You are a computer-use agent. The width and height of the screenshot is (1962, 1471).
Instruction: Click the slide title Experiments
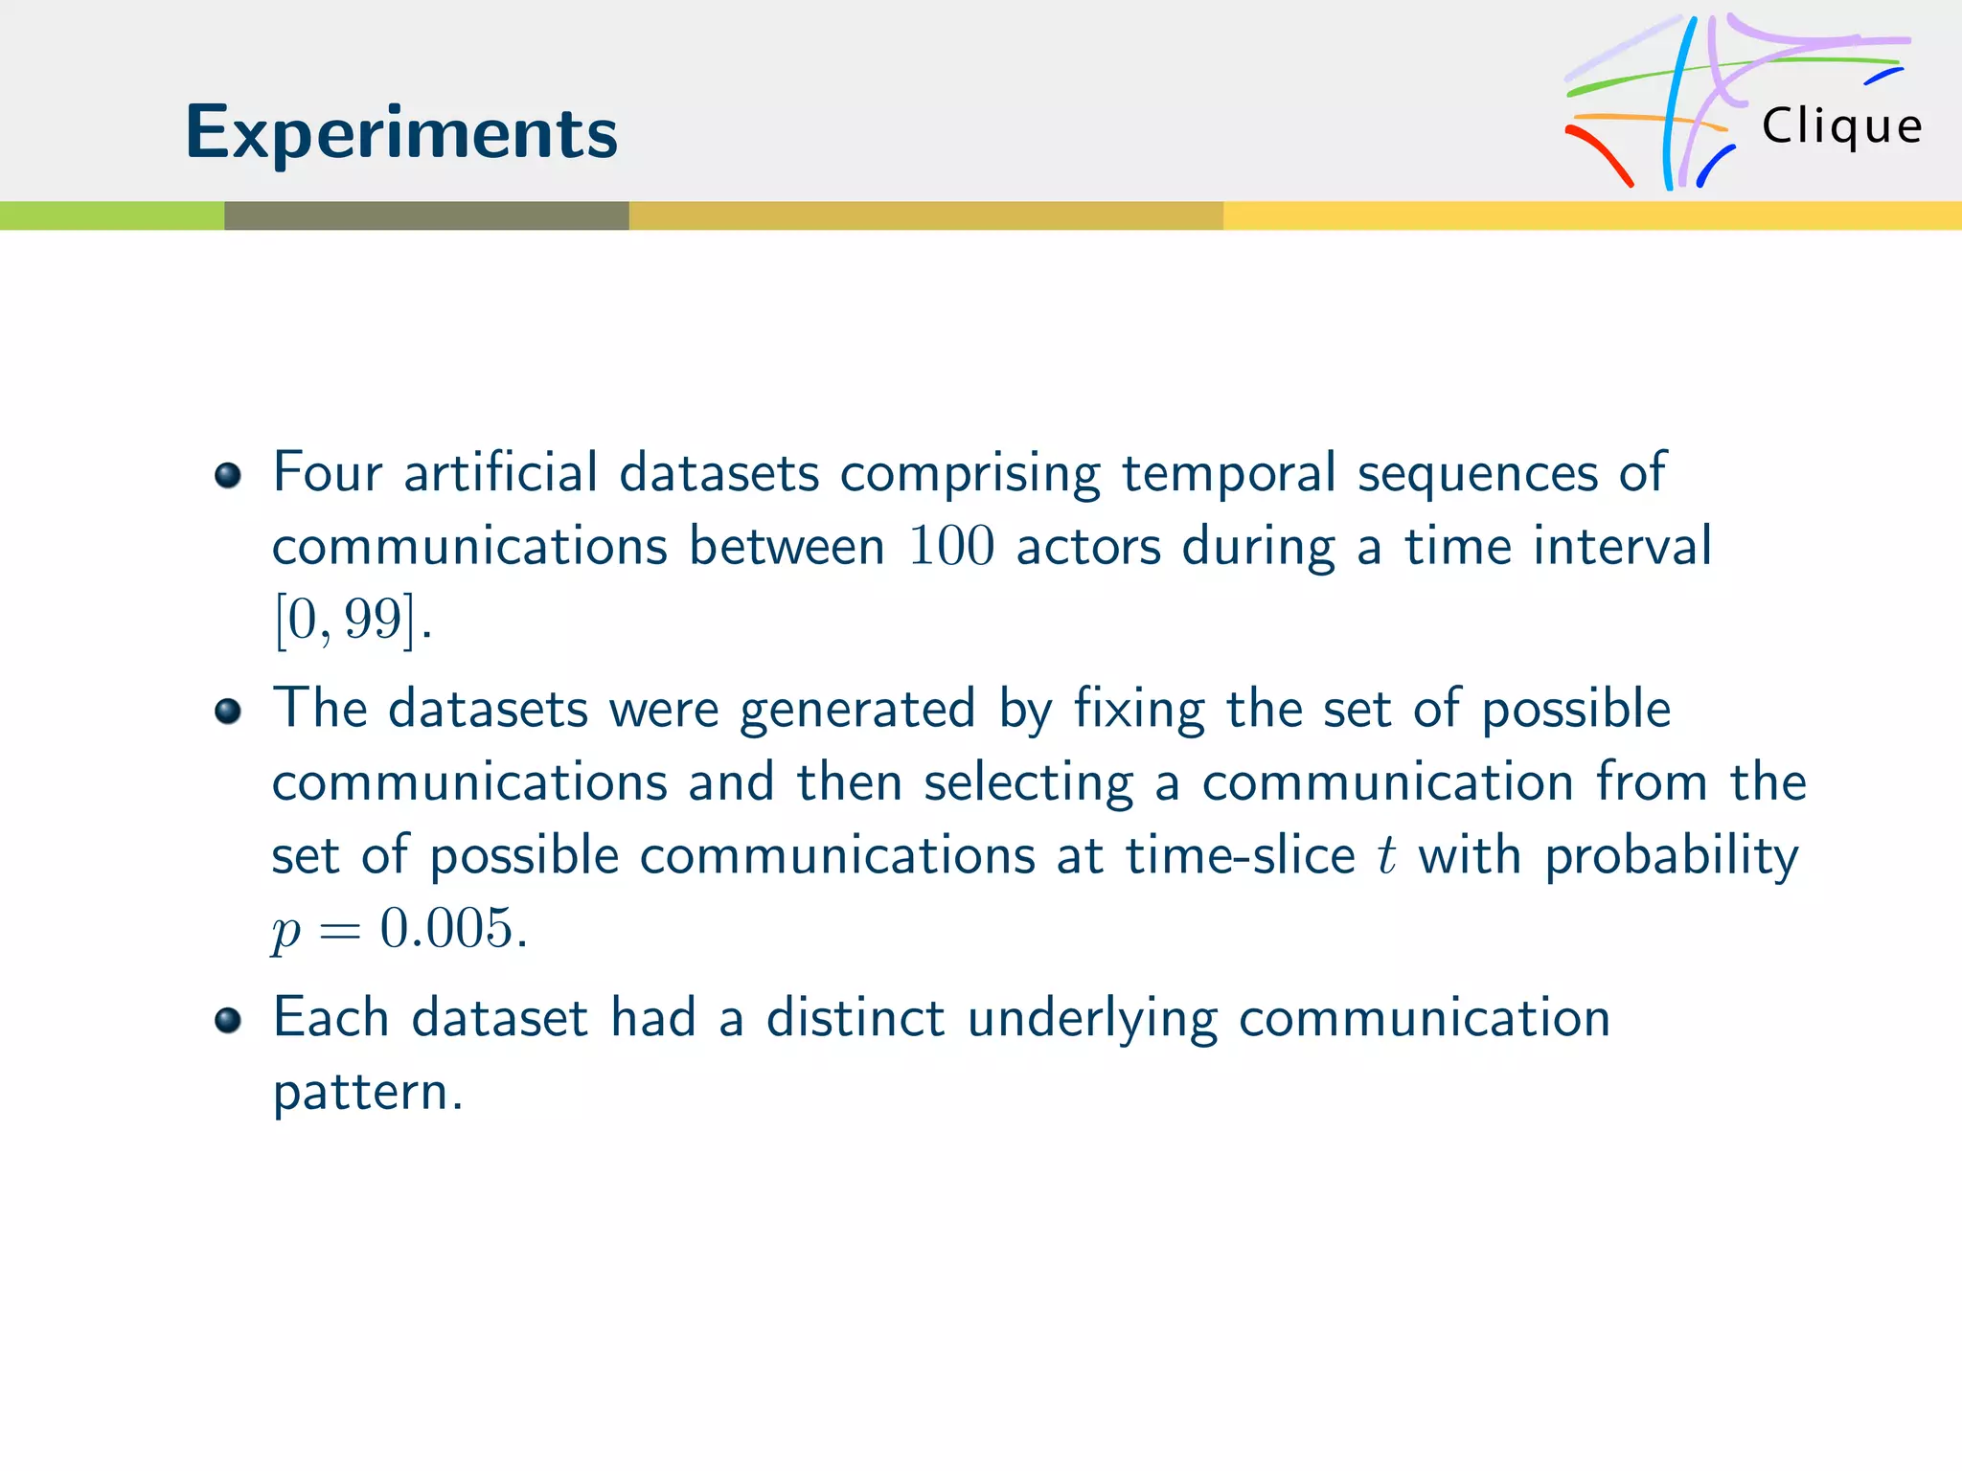(401, 133)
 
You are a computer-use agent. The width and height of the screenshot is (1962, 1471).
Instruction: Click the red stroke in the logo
(1600, 153)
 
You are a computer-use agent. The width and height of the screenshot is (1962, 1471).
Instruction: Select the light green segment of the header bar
(111, 215)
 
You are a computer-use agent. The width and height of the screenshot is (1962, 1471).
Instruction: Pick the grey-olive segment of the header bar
(426, 215)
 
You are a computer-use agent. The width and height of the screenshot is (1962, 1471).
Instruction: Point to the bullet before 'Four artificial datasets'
(228, 475)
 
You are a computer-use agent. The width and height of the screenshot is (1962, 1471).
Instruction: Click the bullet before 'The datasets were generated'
(228, 712)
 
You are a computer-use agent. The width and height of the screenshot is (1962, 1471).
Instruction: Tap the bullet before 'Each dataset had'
(228, 1020)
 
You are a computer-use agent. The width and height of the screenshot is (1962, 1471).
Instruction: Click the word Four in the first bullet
(328, 472)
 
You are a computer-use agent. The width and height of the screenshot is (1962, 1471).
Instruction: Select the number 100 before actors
(951, 547)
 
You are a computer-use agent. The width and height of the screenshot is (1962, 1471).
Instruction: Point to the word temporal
(1228, 474)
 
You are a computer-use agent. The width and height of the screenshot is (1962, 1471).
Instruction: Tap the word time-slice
(1240, 855)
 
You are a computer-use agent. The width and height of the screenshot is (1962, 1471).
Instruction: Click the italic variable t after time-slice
(1386, 855)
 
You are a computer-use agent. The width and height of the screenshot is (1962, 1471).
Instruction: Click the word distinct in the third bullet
(856, 1018)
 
